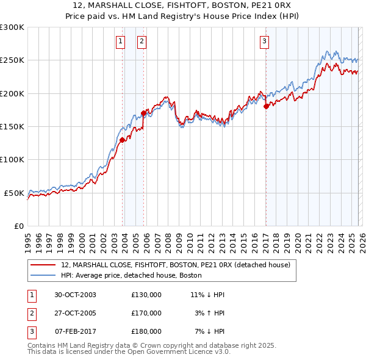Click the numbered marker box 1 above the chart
(x=120, y=41)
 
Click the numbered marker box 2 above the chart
(x=142, y=41)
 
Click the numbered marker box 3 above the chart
(x=264, y=41)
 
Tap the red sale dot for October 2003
(x=122, y=140)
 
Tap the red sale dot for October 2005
(x=143, y=113)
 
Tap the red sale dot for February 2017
(x=266, y=106)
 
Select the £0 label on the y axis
(x=18, y=226)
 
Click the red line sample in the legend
(x=43, y=265)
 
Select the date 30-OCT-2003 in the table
(x=75, y=295)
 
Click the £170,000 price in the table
(x=146, y=313)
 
